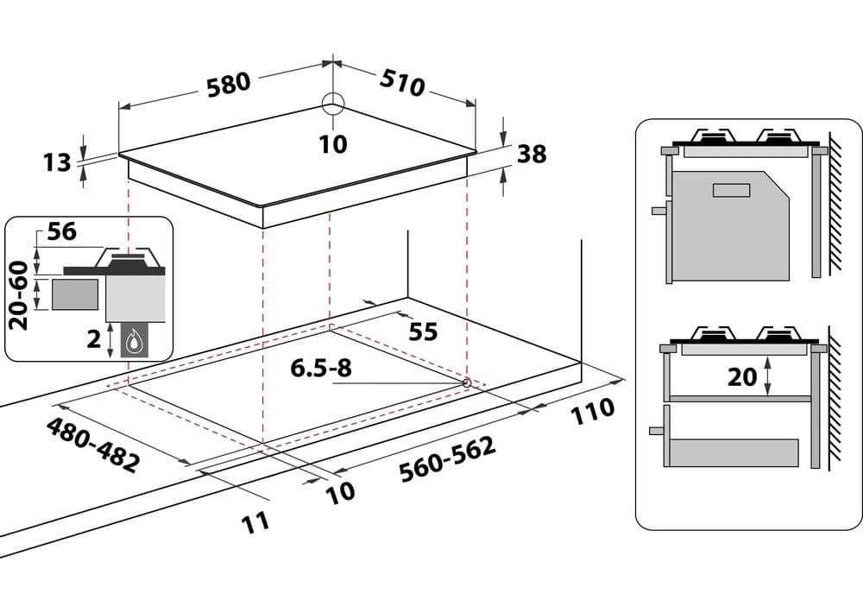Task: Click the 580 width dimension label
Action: pyautogui.click(x=229, y=85)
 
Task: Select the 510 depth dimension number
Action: pyautogui.click(x=403, y=81)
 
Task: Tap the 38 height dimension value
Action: pyautogui.click(x=532, y=154)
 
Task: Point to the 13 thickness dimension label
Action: pyautogui.click(x=57, y=161)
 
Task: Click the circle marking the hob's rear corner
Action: pyautogui.click(x=332, y=104)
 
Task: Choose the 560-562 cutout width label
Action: pyautogui.click(x=447, y=459)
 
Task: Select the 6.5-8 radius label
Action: pyautogui.click(x=321, y=369)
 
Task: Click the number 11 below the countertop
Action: pyautogui.click(x=255, y=521)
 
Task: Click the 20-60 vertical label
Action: pyautogui.click(x=18, y=295)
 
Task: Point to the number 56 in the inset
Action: pyautogui.click(x=62, y=231)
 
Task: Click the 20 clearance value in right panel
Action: pyautogui.click(x=742, y=376)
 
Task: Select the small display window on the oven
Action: pyautogui.click(x=734, y=190)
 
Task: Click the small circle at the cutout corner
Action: pyautogui.click(x=467, y=382)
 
